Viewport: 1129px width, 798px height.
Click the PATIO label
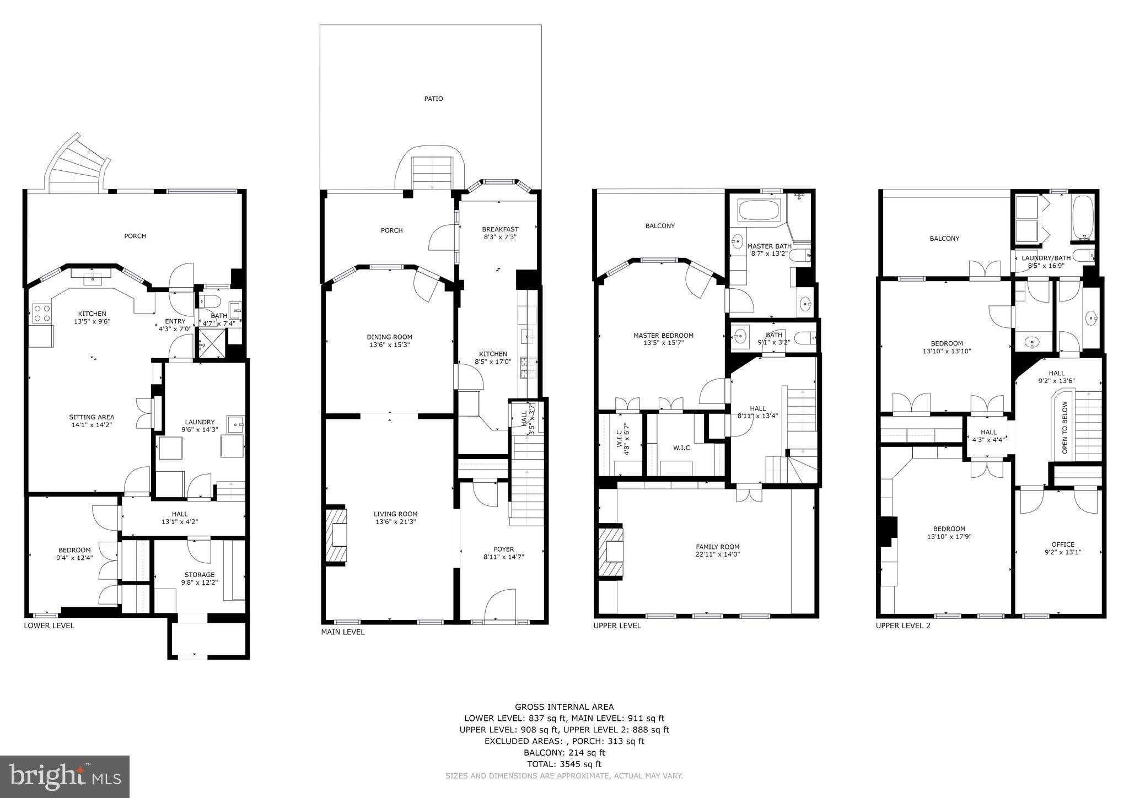tap(433, 99)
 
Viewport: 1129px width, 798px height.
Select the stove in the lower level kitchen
tap(42, 314)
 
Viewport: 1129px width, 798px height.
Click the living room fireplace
tap(336, 535)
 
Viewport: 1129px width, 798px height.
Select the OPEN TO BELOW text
tap(1065, 428)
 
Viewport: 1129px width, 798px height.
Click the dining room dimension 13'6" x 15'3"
tap(389, 346)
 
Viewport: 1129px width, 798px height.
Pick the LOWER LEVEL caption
tap(49, 626)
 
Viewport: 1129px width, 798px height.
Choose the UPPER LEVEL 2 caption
tap(903, 626)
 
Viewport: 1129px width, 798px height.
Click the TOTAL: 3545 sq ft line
tap(564, 764)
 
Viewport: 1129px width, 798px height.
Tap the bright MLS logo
tap(64, 777)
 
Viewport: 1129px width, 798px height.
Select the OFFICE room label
tap(1062, 544)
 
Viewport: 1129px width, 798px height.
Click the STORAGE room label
tap(199, 575)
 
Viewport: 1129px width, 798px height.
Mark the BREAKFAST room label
tap(500, 229)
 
